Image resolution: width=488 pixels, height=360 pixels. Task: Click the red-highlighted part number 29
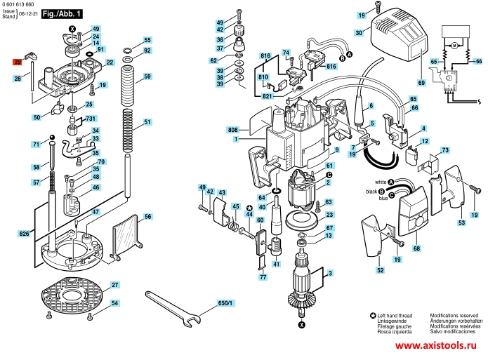pyautogui.click(x=18, y=62)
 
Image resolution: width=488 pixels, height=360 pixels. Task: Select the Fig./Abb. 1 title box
pyautogui.click(x=62, y=13)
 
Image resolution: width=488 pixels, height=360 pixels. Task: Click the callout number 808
pyautogui.click(x=232, y=131)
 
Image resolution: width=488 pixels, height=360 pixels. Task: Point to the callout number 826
pyautogui.click(x=25, y=233)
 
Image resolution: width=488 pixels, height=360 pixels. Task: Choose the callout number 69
pyautogui.click(x=422, y=83)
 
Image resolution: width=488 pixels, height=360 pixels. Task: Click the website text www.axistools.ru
pyautogui.click(x=436, y=347)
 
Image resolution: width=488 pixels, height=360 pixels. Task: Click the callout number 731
pyautogui.click(x=91, y=119)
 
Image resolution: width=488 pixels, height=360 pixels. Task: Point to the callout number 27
pyautogui.click(x=114, y=285)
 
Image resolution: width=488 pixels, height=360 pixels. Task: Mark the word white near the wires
pyautogui.click(x=371, y=182)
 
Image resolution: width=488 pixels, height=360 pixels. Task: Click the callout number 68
pyautogui.click(x=416, y=248)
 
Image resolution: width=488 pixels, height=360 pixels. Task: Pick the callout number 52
pyautogui.click(x=380, y=270)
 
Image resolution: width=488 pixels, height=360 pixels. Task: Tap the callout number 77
pyautogui.click(x=263, y=278)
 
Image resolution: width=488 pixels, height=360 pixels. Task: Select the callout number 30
pyautogui.click(x=358, y=33)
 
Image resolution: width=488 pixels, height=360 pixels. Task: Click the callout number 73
pyautogui.click(x=444, y=150)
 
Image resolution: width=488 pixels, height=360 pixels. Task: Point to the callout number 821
pyautogui.click(x=268, y=95)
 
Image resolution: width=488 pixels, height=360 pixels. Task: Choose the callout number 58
pyautogui.click(x=36, y=168)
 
